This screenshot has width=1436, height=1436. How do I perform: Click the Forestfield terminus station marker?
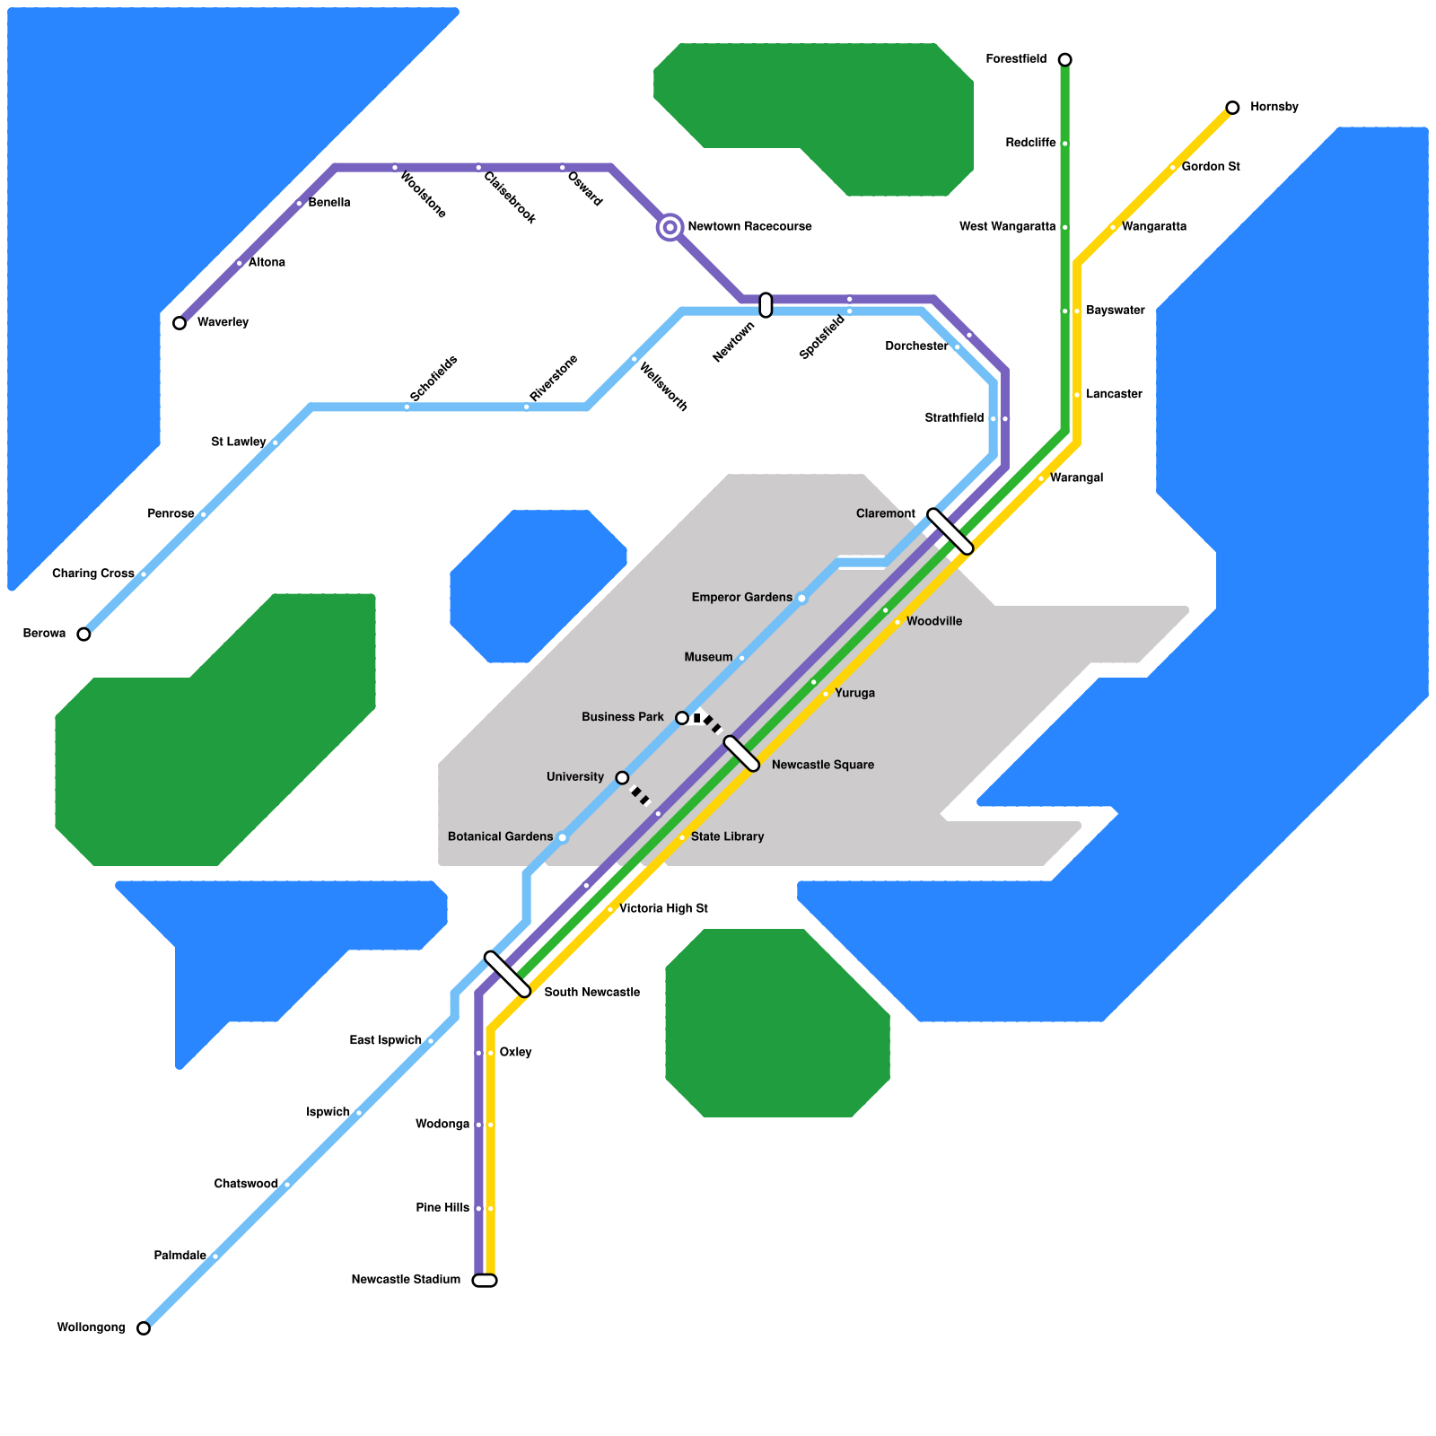point(1064,60)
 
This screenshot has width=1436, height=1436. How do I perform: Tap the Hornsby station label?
point(1274,108)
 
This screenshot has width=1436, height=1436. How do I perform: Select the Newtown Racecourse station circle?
point(670,227)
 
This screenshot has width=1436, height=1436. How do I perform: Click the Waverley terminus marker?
point(179,323)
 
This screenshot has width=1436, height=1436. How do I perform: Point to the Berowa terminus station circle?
point(83,635)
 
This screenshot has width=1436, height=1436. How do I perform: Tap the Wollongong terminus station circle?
point(144,1328)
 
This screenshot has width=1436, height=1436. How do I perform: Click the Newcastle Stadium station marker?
point(485,1281)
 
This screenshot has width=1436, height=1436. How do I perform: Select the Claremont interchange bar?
point(950,531)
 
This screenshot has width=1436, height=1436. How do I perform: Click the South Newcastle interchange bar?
point(507,974)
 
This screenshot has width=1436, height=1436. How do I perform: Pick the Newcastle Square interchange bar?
point(741,754)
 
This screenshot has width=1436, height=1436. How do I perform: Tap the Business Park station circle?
point(682,718)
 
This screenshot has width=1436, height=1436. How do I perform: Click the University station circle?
point(622,777)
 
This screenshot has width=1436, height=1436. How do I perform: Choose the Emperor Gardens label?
point(741,598)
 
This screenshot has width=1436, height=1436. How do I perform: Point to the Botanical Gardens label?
point(500,837)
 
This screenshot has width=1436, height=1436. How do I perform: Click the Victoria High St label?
point(663,909)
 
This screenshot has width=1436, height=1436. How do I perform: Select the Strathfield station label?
point(954,418)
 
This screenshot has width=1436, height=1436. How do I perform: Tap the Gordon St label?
point(1211,167)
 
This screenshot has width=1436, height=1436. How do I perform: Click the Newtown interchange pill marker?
point(766,305)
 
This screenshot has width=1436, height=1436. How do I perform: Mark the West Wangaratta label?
point(1007,227)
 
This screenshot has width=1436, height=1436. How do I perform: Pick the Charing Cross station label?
point(93,574)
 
